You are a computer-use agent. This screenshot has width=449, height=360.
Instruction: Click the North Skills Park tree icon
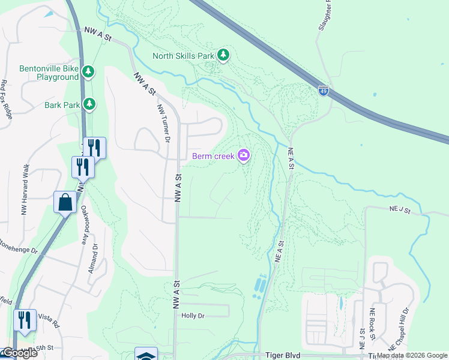tap(223, 56)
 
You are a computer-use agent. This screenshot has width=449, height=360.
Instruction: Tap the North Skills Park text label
tap(184, 56)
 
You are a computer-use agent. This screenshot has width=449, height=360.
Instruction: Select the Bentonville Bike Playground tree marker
tap(88, 73)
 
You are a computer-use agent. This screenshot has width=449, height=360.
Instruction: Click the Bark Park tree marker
tap(89, 104)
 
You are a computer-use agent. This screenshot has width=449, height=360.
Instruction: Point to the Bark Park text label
tap(62, 105)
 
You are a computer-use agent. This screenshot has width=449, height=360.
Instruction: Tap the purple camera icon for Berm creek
tap(244, 156)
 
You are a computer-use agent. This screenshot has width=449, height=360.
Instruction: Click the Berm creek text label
tap(213, 157)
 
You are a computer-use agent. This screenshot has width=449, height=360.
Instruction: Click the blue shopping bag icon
tap(65, 202)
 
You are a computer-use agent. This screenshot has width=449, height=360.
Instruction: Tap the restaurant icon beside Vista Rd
tap(24, 320)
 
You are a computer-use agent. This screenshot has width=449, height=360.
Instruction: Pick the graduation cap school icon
tap(146, 355)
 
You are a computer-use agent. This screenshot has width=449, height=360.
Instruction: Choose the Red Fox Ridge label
tap(7, 100)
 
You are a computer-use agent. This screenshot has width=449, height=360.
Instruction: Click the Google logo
tap(19, 353)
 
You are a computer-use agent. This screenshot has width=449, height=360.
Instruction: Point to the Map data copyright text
tap(412, 356)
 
